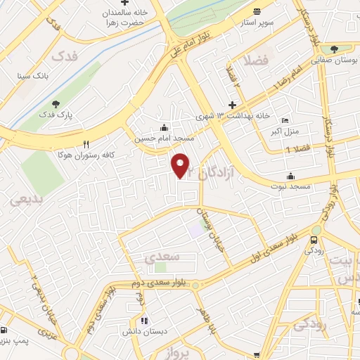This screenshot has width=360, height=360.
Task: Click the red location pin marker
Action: click(x=181, y=165)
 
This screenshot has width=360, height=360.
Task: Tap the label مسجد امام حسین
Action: click(x=159, y=139)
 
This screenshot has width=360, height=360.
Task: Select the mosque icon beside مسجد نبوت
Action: click(x=290, y=176)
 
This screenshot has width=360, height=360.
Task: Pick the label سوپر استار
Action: click(x=254, y=22)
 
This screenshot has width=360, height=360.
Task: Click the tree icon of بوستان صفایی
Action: click(x=333, y=49)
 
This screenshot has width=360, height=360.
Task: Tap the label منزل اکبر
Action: click(x=286, y=131)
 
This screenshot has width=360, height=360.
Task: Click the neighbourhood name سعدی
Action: click(x=156, y=258)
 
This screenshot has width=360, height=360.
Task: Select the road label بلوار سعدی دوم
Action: click(x=154, y=283)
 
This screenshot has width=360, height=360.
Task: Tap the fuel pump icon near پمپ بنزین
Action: click(x=6, y=330)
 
